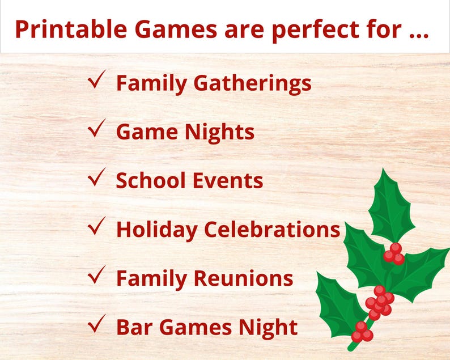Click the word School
150,181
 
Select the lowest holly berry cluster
362,332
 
